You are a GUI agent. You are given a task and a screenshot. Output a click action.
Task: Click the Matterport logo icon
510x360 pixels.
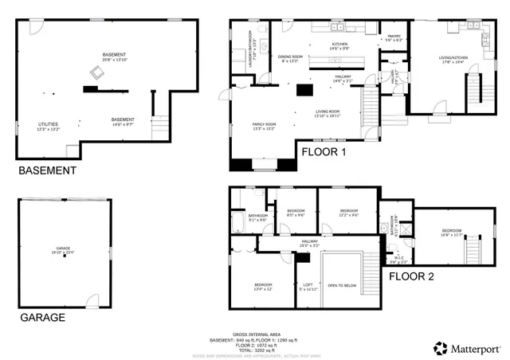440,347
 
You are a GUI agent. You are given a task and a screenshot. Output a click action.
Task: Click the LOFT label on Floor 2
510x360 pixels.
308,285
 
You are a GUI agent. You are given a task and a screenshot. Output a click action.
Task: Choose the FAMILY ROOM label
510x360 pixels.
264,124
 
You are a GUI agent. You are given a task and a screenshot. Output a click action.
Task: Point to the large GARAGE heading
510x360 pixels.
42,317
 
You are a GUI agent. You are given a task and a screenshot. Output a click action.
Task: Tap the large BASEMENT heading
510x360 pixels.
47,170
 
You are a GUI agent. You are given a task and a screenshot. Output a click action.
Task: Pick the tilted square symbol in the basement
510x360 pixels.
97,73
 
